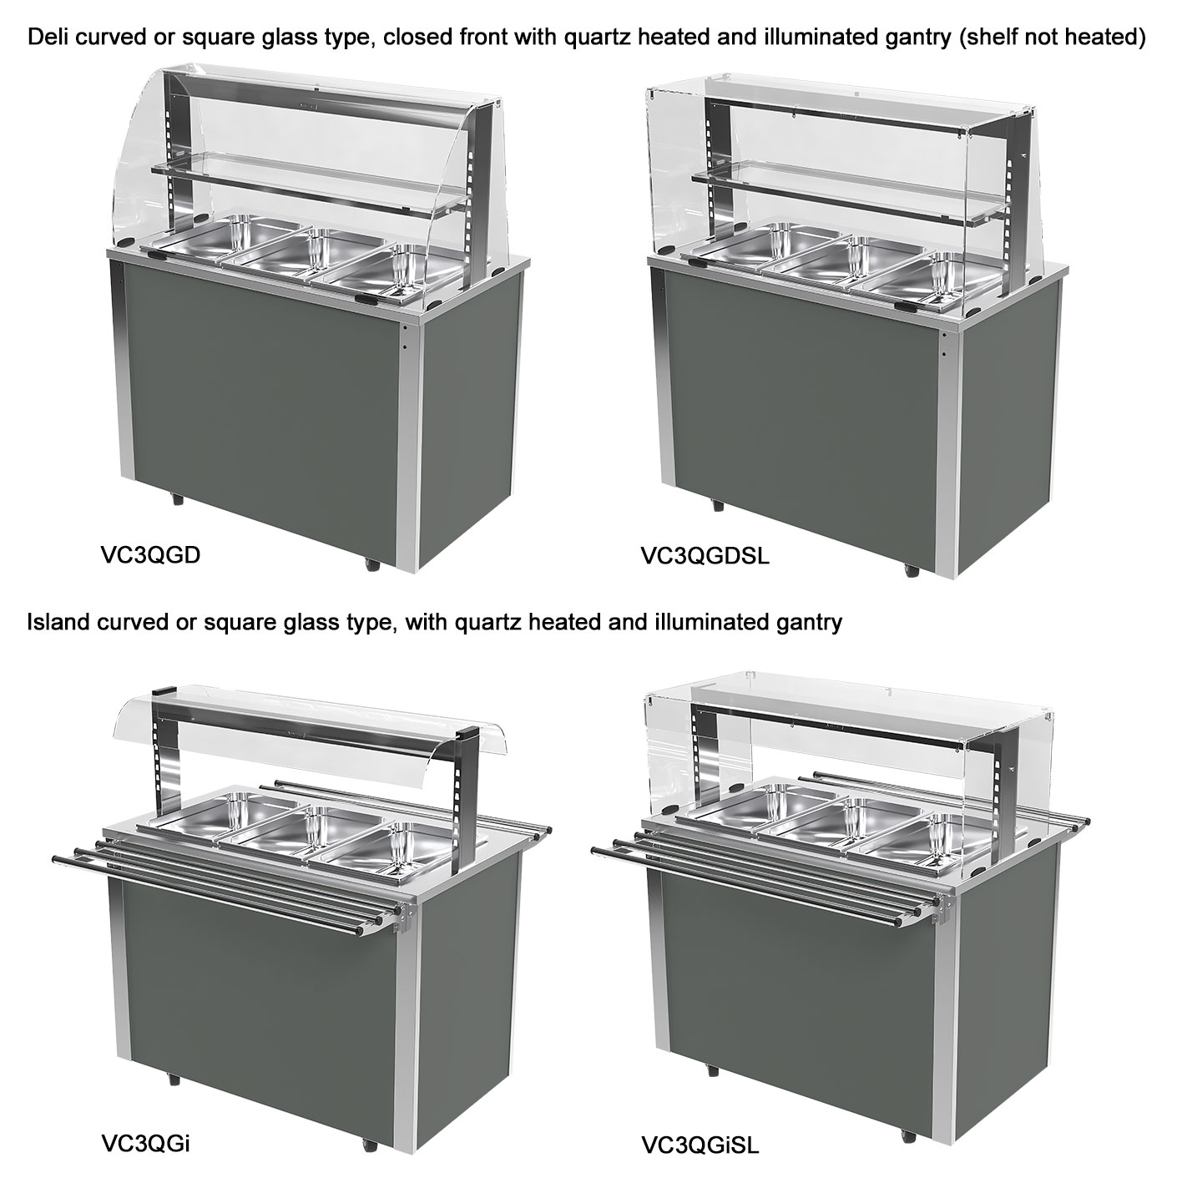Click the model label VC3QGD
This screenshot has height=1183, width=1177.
tap(150, 555)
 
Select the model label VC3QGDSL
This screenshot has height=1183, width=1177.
tap(705, 556)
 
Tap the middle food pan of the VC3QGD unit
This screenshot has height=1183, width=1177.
tap(290, 253)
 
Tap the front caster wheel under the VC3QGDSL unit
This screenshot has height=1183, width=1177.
tap(912, 569)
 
